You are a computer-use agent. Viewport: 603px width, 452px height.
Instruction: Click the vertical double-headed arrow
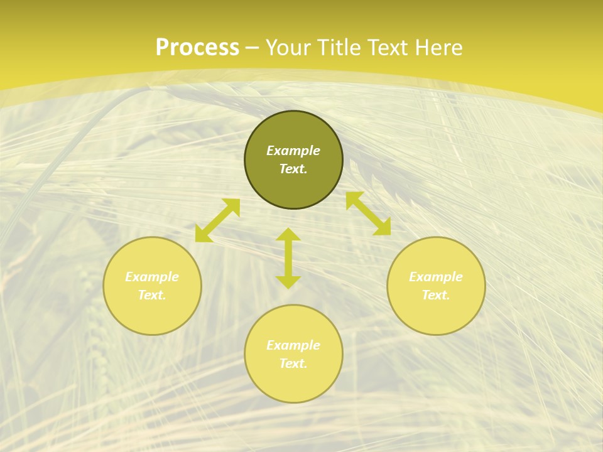288,258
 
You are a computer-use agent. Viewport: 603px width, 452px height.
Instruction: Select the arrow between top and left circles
217,220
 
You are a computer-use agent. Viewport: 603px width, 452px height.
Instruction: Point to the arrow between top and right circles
368,213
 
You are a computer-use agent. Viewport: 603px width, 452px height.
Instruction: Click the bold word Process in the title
197,48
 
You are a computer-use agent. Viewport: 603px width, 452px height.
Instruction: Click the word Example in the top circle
293,151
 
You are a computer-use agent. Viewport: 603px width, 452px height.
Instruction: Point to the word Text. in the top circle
293,169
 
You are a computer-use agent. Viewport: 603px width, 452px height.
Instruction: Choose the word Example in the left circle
152,277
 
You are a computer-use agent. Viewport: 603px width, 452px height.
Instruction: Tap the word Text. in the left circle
152,295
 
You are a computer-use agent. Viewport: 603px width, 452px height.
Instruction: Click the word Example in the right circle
436,277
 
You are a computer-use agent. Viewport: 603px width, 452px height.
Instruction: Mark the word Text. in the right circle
436,295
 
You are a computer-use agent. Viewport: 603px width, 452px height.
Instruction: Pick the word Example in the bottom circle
293,345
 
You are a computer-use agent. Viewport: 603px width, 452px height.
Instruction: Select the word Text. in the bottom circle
293,363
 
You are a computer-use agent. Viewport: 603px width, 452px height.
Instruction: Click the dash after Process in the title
253,48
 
